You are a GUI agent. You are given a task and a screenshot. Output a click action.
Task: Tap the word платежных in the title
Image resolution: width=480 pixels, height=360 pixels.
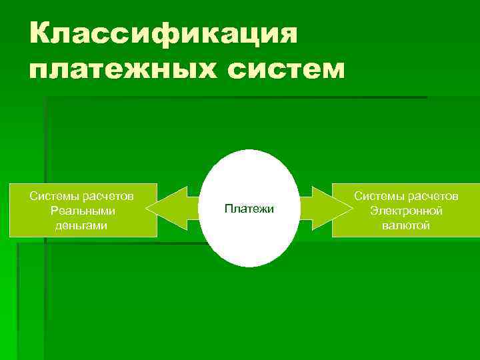point(116,69)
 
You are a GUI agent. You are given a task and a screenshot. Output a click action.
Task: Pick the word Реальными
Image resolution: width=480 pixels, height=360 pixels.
point(83,211)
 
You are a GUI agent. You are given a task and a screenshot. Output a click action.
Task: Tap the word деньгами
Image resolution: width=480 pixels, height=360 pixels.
point(83,225)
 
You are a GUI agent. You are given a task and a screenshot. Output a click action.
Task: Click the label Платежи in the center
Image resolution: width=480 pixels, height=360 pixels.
point(249,209)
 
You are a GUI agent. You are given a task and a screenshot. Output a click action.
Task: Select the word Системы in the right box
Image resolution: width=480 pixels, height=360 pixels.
point(377,196)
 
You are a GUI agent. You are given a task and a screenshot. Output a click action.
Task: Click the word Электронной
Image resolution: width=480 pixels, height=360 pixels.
point(406,211)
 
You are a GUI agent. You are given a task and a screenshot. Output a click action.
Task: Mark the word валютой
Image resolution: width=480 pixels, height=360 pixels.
point(406,225)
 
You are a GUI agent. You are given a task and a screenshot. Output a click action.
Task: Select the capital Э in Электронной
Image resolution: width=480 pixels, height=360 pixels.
point(373,211)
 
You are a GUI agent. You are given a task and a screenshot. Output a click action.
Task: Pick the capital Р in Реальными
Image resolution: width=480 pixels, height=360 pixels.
point(55,211)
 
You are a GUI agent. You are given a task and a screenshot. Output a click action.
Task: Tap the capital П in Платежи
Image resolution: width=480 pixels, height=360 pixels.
point(228,209)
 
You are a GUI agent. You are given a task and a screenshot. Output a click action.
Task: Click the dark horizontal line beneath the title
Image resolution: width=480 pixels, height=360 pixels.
point(233,98)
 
